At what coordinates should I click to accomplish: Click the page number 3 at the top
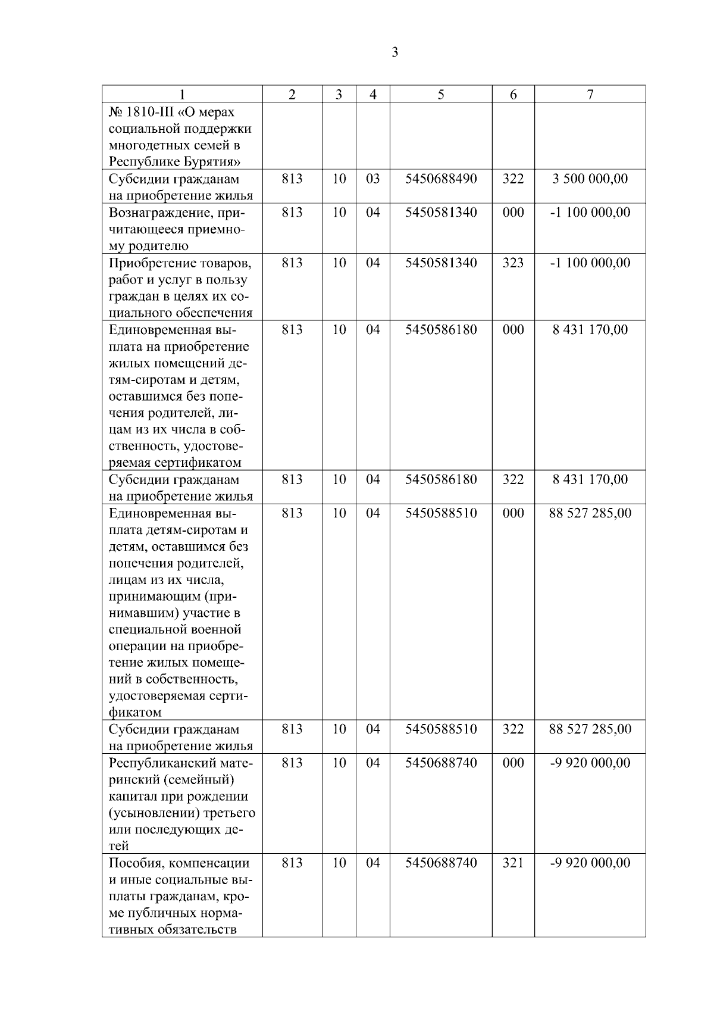point(394,52)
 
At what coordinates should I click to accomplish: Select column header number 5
point(440,95)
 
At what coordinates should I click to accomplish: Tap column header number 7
point(590,95)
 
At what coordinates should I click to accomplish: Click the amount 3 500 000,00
point(590,179)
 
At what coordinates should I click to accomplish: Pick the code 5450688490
point(441,179)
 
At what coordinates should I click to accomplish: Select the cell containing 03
point(372,179)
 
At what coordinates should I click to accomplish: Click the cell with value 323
point(513,263)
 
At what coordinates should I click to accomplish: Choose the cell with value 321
point(513,863)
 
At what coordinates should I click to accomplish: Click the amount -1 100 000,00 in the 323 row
point(590,263)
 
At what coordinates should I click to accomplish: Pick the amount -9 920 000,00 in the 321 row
point(590,863)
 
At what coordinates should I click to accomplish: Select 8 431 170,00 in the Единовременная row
point(590,330)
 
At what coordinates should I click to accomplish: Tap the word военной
point(217,630)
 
